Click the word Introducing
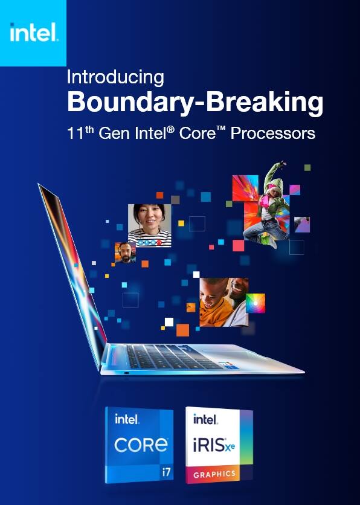(x=115, y=77)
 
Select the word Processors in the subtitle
(x=273, y=132)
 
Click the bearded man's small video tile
(x=124, y=252)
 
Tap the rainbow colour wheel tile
(x=255, y=303)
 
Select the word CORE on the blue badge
(x=141, y=445)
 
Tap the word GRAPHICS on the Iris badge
(x=214, y=475)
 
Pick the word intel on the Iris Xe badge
(x=205, y=419)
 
